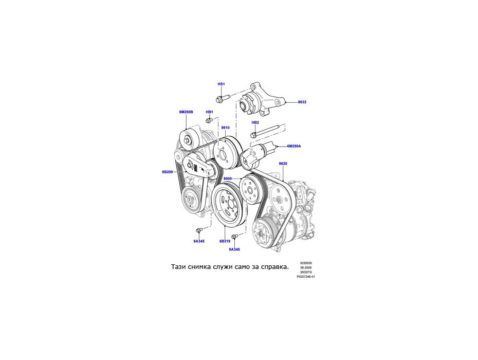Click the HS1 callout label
[x=221, y=84]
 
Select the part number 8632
[x=302, y=102]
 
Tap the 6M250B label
[x=186, y=112]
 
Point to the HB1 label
[x=209, y=112]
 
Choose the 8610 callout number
[x=226, y=128]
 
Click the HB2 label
[x=255, y=122]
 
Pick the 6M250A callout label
[x=294, y=146]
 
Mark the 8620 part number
[x=283, y=164]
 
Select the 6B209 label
[x=168, y=172]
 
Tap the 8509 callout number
[x=227, y=178]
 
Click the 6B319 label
[x=225, y=241]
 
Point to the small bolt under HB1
[x=209, y=121]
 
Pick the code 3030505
[x=306, y=263]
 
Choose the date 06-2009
[x=306, y=267]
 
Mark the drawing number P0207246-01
[x=306, y=277]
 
